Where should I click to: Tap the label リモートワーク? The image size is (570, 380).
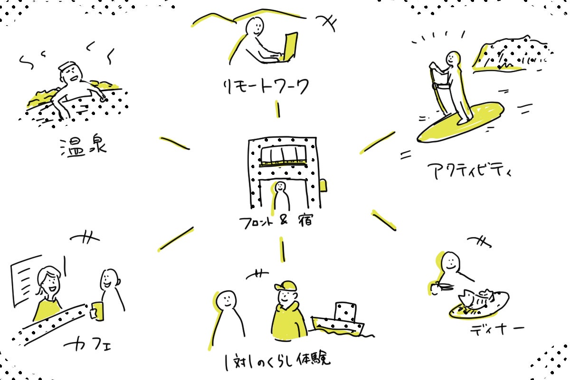tap(266, 87)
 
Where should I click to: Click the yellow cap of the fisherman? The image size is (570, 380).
tap(285, 286)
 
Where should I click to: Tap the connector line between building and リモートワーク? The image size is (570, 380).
tap(278, 109)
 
